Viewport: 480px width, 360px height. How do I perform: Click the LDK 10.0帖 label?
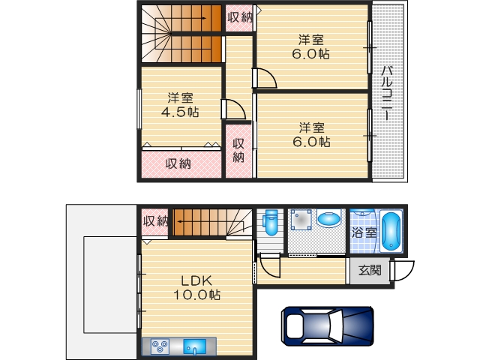pos(197,287)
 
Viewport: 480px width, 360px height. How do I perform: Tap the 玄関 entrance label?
pos(369,270)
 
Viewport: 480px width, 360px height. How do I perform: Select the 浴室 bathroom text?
pos(364,232)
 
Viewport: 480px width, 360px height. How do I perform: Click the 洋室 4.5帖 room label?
pos(180,105)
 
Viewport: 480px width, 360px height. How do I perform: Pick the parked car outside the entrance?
pos(327,326)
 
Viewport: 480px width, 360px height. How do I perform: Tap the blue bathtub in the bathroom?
pos(391,232)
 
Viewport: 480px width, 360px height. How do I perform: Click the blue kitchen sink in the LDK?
pos(195,346)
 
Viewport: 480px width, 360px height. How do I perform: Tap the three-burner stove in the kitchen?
pos(160,346)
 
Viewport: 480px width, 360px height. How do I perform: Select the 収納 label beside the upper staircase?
pos(240,16)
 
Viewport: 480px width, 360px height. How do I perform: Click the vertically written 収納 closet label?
pos(238,151)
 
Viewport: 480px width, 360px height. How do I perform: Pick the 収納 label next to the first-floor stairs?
pos(155,220)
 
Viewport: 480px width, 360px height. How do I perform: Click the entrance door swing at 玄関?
pos(403,271)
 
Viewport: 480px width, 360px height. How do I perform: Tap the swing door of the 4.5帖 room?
pos(234,109)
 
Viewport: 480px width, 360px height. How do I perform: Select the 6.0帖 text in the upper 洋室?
pos(310,54)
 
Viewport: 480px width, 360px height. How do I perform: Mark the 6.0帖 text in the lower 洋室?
pos(310,141)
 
